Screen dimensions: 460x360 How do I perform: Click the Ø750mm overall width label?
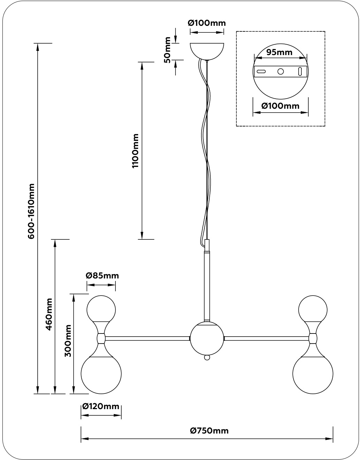click(209, 431)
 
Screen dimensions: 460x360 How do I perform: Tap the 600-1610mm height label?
click(31, 211)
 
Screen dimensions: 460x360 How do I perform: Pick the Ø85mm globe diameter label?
click(102, 276)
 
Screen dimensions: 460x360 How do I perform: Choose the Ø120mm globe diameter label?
click(101, 406)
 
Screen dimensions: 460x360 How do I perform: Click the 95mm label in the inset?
click(279, 53)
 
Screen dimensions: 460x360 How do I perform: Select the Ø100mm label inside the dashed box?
click(280, 106)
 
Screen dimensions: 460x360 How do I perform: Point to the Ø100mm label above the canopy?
click(207, 23)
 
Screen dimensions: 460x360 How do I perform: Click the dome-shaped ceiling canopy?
click(207, 50)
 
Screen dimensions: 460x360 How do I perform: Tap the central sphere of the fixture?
click(207, 338)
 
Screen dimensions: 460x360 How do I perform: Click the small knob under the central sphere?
click(207, 357)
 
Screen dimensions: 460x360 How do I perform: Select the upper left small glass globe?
click(101, 308)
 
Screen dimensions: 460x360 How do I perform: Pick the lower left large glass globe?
click(101, 375)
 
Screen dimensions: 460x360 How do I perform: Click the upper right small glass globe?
click(313, 308)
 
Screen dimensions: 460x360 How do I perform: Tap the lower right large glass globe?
click(313, 375)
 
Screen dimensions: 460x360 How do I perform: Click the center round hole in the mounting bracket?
click(280, 71)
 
